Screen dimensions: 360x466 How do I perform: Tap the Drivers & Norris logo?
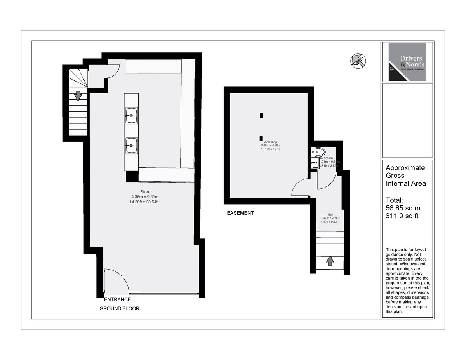click(x=407, y=62)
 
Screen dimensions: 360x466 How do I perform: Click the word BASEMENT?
click(x=240, y=213)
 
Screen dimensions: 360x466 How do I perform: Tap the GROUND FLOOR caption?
click(x=119, y=309)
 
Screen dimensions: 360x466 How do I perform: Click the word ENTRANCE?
click(x=118, y=300)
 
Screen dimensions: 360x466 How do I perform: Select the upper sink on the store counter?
click(x=131, y=115)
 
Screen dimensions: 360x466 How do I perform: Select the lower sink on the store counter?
click(x=131, y=146)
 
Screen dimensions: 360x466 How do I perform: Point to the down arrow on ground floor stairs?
click(x=78, y=96)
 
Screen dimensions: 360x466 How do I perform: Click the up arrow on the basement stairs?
click(x=330, y=260)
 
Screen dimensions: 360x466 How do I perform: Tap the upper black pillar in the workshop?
click(x=262, y=115)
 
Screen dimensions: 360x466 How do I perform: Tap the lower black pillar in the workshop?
click(x=261, y=137)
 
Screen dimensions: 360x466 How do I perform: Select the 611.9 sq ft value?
click(x=402, y=216)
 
